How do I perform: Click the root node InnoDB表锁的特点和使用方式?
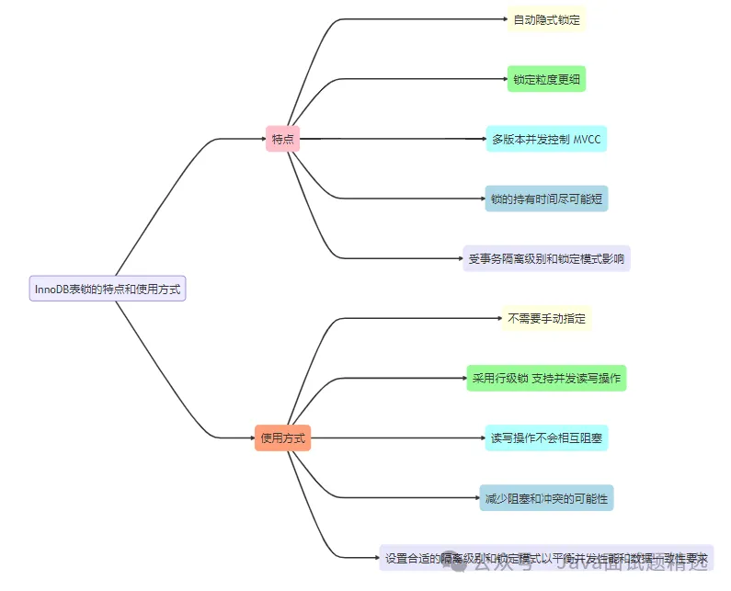[108, 289]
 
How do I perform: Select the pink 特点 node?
[283, 140]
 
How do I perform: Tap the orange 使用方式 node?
[283, 438]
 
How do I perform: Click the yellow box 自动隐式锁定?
[546, 19]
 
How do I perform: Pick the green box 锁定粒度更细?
[546, 79]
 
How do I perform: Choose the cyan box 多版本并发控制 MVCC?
[546, 140]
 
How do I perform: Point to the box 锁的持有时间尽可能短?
[546, 199]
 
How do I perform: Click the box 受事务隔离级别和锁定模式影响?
[546, 258]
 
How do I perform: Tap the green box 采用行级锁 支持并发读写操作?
[546, 378]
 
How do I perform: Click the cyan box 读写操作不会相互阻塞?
[546, 438]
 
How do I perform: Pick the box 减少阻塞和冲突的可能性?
[546, 498]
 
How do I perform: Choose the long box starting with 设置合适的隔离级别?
[546, 558]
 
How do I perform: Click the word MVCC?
[587, 140]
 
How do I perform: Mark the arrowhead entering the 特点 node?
[262, 140]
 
